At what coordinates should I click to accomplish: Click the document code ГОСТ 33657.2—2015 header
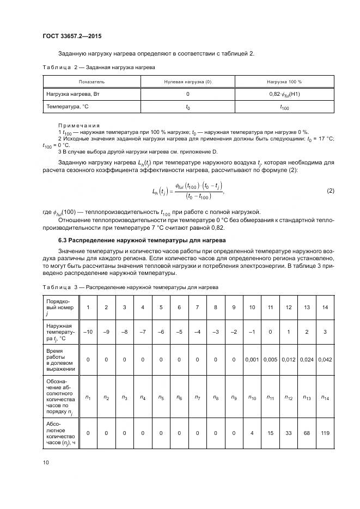[x=72, y=36]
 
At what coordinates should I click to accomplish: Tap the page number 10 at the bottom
[x=46, y=463]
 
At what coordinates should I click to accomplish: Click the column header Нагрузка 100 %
[x=284, y=81]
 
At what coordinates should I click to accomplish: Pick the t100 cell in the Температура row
[x=284, y=107]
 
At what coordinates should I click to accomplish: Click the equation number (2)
[x=330, y=191]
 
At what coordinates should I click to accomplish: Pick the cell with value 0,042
[x=325, y=359]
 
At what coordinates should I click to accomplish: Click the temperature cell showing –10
[x=88, y=331]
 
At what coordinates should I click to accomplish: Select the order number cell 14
[x=325, y=308]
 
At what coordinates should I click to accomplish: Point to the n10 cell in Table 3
[x=252, y=397]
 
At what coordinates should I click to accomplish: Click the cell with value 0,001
[x=252, y=359]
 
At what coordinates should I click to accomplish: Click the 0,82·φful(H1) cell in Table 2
[x=284, y=94]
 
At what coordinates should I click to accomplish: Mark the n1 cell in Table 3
[x=88, y=397]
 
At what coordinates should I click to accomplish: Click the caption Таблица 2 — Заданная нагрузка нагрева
[x=99, y=67]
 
